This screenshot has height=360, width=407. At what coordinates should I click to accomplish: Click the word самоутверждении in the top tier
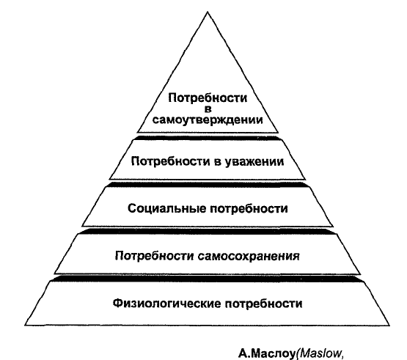pyautogui.click(x=208, y=120)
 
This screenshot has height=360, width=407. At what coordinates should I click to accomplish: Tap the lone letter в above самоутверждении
pyautogui.click(x=208, y=109)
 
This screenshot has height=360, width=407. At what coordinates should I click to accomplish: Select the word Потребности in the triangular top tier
pyautogui.click(x=208, y=98)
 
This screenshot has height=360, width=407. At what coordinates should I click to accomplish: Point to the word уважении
pyautogui.click(x=253, y=162)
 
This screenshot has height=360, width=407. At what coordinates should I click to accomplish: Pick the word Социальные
pyautogui.click(x=166, y=209)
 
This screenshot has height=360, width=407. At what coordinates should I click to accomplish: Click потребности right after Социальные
pyautogui.click(x=249, y=209)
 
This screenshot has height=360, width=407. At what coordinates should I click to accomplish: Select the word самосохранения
pyautogui.click(x=249, y=256)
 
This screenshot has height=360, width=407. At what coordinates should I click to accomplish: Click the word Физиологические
pyautogui.click(x=166, y=303)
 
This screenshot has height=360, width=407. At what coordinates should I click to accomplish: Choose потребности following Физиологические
pyautogui.click(x=263, y=304)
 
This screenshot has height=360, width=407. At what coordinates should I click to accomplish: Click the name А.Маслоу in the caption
pyautogui.click(x=268, y=353)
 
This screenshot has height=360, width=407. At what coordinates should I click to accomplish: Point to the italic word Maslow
pyautogui.click(x=321, y=353)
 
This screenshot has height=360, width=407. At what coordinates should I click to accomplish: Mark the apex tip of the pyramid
pyautogui.click(x=208, y=12)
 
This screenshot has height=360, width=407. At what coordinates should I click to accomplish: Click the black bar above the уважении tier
pyautogui.click(x=207, y=138)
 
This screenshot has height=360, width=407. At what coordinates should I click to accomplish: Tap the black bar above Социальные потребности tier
pyautogui.click(x=208, y=185)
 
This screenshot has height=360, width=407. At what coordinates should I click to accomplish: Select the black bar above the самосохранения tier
pyautogui.click(x=208, y=232)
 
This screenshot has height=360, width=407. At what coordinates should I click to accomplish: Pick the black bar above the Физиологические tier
pyautogui.click(x=208, y=279)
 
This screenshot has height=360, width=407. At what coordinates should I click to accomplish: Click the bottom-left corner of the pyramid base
pyautogui.click(x=25, y=325)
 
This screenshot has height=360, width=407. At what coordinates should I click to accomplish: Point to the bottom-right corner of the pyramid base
pyautogui.click(x=389, y=325)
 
